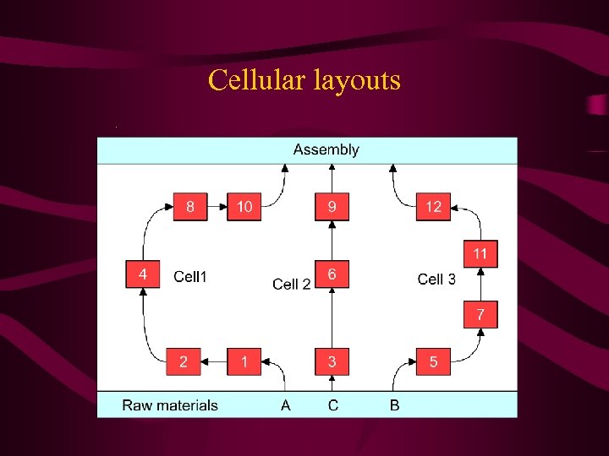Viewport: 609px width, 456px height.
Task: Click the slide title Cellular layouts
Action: [x=304, y=81]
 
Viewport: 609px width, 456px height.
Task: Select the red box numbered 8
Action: [x=190, y=207]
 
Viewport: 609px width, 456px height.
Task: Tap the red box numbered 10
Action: [x=244, y=207]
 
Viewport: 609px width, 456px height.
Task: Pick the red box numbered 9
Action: [x=332, y=207]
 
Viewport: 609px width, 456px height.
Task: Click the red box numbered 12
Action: [x=433, y=207]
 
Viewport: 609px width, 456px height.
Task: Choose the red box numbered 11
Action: [x=480, y=253]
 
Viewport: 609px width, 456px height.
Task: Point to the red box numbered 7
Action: [x=480, y=314]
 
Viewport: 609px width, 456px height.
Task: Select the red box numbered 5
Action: [x=433, y=361]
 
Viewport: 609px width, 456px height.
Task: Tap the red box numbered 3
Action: [x=332, y=361]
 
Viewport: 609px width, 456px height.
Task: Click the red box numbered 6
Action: [x=332, y=274]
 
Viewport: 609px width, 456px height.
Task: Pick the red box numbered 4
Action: [x=143, y=274]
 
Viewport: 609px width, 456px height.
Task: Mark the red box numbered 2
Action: [x=184, y=361]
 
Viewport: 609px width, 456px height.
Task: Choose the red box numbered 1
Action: [x=244, y=361]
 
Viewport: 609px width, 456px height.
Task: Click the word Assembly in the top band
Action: [x=326, y=150]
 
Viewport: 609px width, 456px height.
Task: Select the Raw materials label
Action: [x=170, y=405]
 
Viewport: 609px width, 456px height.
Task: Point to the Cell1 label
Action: [x=189, y=276]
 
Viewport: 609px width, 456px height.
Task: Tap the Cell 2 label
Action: [x=292, y=285]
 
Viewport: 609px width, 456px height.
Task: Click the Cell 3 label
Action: [x=436, y=280]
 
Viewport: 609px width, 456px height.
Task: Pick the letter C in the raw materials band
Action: [x=333, y=405]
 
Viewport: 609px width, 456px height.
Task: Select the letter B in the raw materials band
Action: [x=394, y=405]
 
